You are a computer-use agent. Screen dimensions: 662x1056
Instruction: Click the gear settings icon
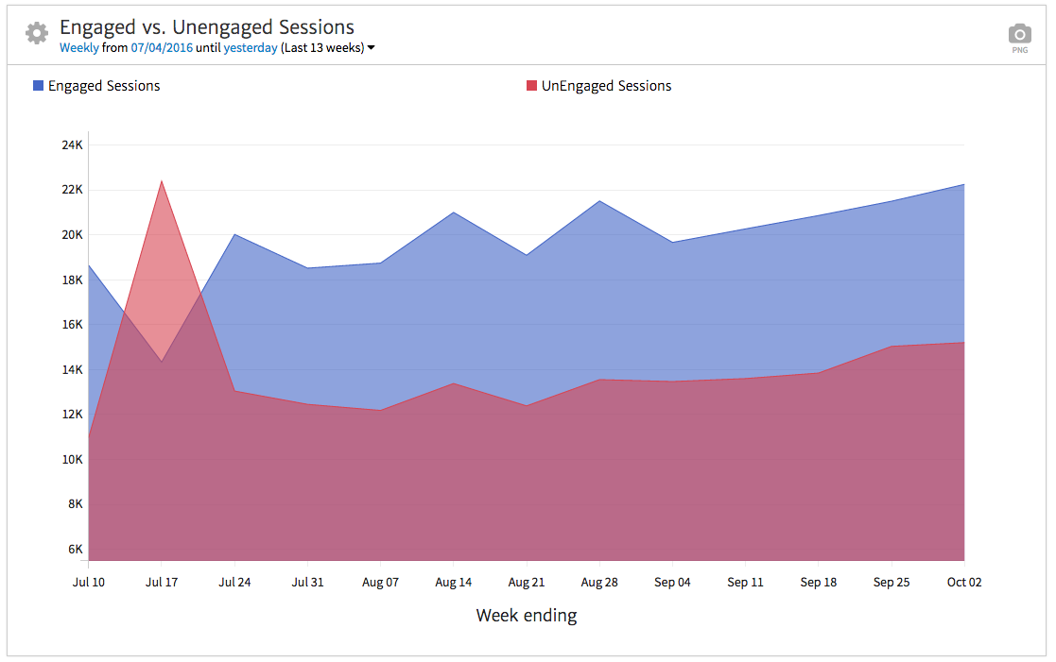37,33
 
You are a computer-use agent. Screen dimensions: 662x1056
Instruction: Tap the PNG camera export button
1019,37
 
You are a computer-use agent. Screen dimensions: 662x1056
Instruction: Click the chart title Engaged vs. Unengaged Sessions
207,27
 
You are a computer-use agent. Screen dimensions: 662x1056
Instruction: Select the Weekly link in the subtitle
78,47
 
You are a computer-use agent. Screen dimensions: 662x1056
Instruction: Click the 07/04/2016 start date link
162,47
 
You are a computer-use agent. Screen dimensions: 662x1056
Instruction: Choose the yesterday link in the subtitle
251,47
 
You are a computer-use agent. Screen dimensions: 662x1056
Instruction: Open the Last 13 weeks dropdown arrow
372,48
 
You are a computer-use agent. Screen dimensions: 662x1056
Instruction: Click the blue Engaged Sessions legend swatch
38,86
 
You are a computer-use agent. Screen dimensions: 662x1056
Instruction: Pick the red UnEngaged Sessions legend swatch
531,86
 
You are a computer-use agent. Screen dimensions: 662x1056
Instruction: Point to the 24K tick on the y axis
73,144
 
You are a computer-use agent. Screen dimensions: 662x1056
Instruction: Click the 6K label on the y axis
76,549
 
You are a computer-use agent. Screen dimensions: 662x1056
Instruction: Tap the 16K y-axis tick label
73,324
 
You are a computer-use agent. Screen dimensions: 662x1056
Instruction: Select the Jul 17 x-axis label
162,582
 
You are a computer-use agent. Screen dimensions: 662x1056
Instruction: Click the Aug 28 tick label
599,582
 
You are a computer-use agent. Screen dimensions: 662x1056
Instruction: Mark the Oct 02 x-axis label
964,582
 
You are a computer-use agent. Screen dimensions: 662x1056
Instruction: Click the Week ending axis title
527,616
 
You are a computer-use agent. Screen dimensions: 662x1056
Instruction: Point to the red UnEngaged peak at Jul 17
162,181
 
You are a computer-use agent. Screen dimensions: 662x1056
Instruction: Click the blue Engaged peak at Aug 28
599,201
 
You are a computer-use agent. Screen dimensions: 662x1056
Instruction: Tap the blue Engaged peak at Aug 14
454,212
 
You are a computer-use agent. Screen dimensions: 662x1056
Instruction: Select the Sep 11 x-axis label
745,582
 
